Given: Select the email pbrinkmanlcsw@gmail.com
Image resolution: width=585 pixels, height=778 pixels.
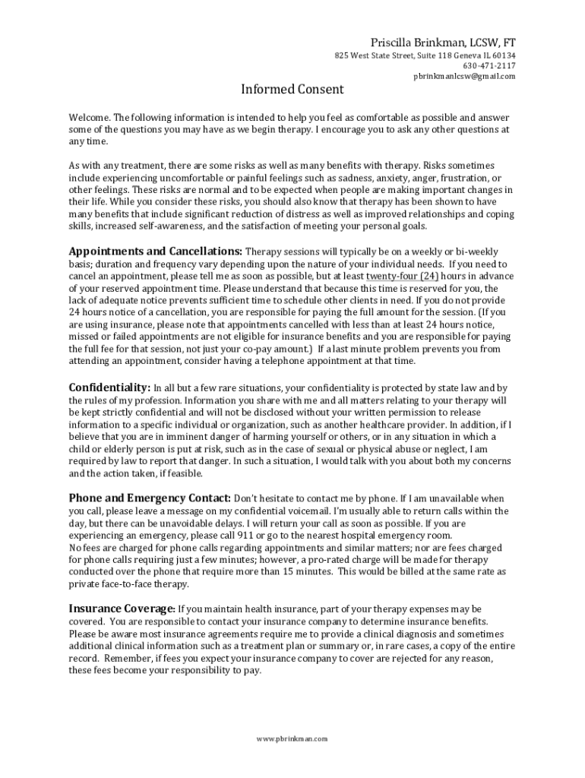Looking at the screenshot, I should click(x=464, y=76).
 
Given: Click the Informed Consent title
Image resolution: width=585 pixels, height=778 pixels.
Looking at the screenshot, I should click(x=292, y=90).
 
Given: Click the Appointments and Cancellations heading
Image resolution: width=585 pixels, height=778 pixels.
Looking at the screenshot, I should click(x=156, y=251).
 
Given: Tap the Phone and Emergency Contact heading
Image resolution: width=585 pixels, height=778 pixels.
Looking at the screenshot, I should click(x=150, y=498).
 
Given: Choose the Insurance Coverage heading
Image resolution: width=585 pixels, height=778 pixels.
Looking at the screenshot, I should click(x=122, y=609).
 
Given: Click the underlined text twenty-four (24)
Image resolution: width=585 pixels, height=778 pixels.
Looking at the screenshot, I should click(x=401, y=276).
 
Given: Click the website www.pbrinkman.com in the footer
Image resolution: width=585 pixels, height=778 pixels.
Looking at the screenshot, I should click(x=292, y=738).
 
